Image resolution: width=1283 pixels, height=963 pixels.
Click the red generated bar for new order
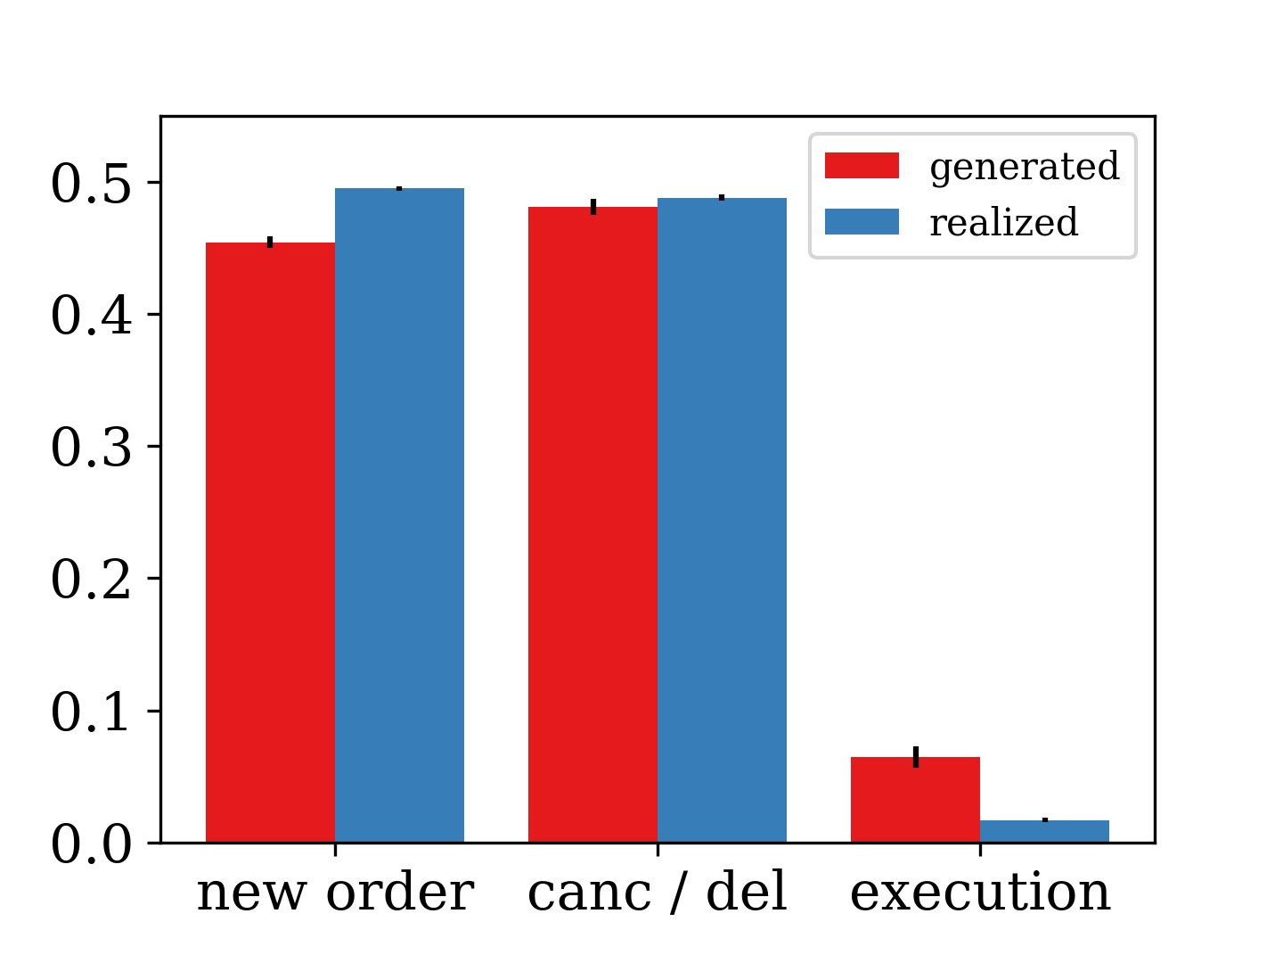point(270,542)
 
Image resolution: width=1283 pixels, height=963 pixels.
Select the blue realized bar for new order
point(399,515)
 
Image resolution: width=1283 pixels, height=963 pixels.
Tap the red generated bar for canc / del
point(592,524)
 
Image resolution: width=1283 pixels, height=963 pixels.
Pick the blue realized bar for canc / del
point(722,520)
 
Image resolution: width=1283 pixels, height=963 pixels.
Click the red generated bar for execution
point(915,800)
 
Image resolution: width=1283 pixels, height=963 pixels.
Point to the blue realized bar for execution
point(1044,831)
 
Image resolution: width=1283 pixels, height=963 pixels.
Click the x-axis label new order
point(335,893)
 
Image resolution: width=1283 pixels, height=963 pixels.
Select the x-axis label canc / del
point(658,893)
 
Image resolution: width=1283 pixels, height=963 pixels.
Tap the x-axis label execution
point(980,893)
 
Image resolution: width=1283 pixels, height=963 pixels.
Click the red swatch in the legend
point(862,166)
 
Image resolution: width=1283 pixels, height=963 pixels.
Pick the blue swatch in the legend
point(862,221)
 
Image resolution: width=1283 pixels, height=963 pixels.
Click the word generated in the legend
point(1025,167)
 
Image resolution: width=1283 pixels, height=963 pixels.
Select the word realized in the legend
point(1004,222)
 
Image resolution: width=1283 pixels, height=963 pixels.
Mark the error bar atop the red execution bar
point(915,756)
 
